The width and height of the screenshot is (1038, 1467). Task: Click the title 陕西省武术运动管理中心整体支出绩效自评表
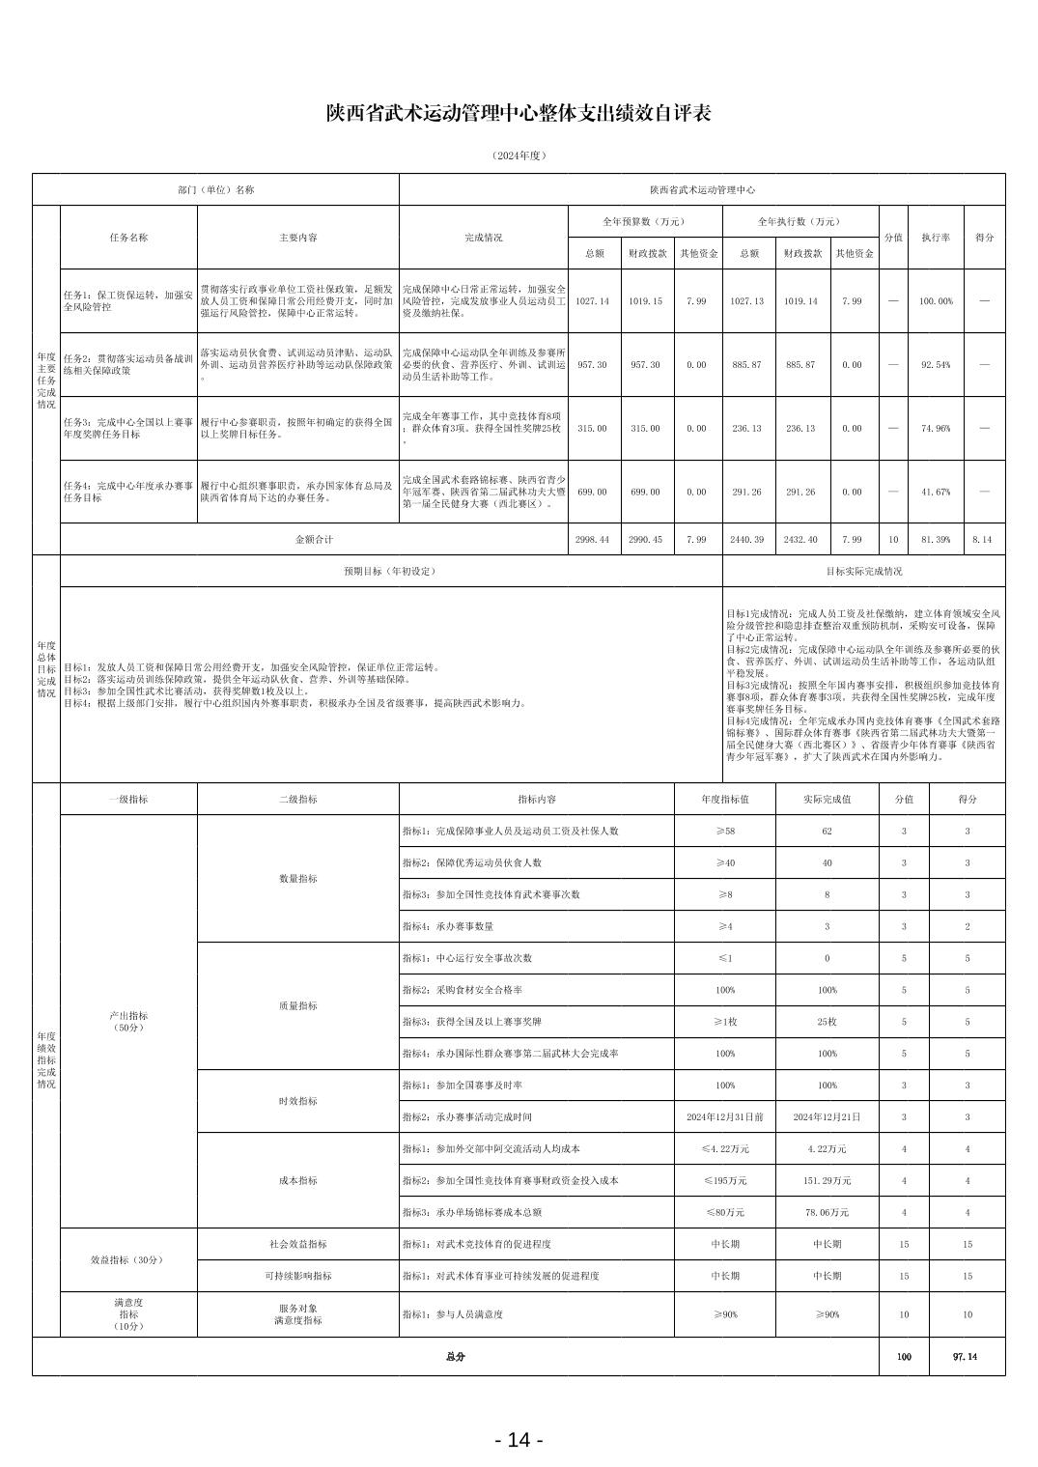[519, 114]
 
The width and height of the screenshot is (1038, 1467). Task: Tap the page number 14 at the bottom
[519, 1440]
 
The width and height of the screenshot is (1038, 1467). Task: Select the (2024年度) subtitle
[519, 155]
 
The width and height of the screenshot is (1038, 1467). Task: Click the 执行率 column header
[935, 237]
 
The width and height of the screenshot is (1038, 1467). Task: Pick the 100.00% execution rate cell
[935, 301]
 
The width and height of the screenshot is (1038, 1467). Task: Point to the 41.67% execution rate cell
[935, 492]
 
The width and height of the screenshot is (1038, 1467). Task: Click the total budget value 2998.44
[592, 540]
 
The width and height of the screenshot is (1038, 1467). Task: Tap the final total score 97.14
[965, 1356]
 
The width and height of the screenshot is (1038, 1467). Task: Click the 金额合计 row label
[314, 540]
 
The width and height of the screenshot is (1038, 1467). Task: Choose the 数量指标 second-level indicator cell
[297, 879]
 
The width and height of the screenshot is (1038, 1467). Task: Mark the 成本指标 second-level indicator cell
[297, 1180]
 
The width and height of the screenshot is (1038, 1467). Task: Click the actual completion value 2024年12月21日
[827, 1117]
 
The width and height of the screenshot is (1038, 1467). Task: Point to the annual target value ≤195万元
[725, 1180]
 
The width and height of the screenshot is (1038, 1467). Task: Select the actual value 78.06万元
[827, 1212]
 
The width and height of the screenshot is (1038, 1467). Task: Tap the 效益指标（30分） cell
[127, 1260]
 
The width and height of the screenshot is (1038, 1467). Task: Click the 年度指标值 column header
[725, 800]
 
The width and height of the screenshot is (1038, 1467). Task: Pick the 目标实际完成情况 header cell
[863, 571]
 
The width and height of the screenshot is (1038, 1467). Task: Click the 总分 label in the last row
[455, 1356]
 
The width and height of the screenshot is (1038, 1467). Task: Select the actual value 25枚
[827, 1022]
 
